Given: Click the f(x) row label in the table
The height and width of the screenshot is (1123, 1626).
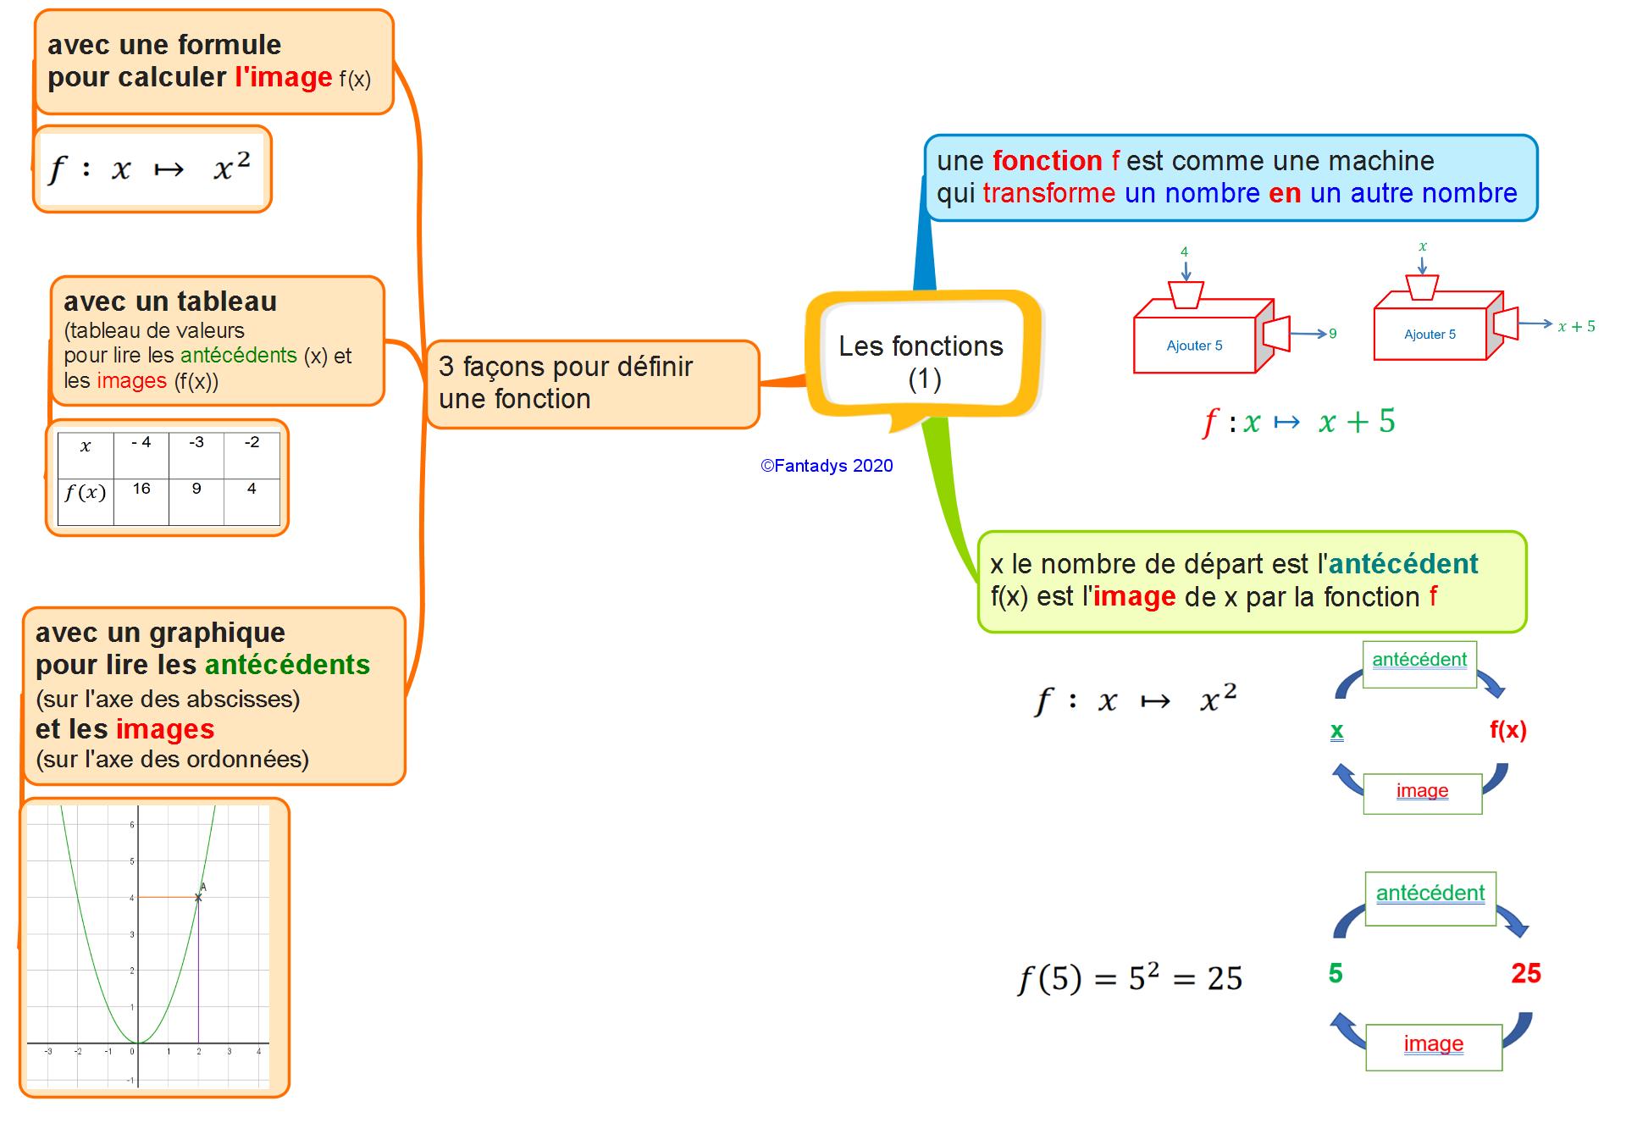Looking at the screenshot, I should coord(86,493).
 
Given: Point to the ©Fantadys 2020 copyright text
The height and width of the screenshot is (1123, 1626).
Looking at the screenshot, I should coord(827,466).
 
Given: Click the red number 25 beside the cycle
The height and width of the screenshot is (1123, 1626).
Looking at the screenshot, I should coord(1525,973).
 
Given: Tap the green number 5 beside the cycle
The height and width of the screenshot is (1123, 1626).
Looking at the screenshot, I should coord(1336,973).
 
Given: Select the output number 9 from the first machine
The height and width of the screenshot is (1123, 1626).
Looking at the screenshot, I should coord(1333,334).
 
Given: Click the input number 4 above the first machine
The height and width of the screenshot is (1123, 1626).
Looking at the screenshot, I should coord(1184,252).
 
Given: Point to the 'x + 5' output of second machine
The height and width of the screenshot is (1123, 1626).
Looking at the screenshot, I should coord(1576,326).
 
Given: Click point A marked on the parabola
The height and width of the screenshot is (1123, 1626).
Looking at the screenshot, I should coord(199,896).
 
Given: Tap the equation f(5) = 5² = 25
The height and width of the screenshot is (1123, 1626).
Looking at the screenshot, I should coord(1130,978).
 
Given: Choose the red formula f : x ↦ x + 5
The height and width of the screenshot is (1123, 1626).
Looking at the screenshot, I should coord(1297,421).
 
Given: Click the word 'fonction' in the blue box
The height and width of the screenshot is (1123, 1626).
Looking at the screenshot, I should coord(1047,160).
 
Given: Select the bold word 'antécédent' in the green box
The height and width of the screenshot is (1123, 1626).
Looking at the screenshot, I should coord(1402,563).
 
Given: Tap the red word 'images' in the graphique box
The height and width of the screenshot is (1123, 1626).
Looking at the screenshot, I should coord(165,729).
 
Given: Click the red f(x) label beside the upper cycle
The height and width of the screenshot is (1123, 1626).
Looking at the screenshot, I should coord(1507,730).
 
